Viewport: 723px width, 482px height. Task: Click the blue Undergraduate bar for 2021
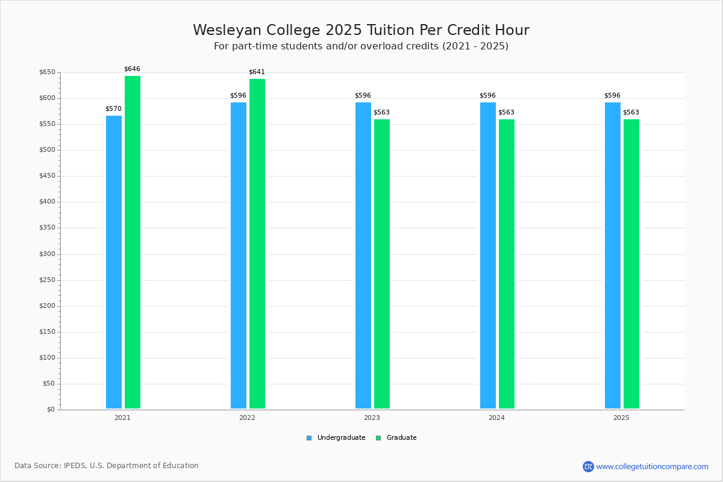click(x=114, y=262)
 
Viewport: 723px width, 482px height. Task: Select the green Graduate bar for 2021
click(x=133, y=242)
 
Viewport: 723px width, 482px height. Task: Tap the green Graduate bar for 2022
click(x=257, y=244)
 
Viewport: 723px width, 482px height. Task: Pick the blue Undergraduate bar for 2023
click(x=363, y=255)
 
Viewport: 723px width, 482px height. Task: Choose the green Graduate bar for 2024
click(x=507, y=264)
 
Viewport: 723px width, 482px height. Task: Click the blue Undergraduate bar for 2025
click(x=613, y=255)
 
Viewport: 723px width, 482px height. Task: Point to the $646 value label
click(x=132, y=69)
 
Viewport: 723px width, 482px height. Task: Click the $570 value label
click(x=113, y=109)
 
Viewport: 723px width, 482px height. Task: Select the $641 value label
click(x=257, y=72)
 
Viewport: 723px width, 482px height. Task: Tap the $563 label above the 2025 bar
click(x=631, y=113)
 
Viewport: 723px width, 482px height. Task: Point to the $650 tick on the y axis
click(x=47, y=72)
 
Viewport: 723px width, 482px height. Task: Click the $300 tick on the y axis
click(x=47, y=254)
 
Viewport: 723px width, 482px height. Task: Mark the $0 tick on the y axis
click(x=51, y=410)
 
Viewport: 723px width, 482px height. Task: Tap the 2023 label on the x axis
click(x=372, y=418)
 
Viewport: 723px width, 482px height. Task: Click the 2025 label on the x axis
click(x=621, y=418)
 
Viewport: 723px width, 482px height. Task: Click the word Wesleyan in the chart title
click(x=224, y=30)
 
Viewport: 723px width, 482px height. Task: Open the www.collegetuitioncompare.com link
click(x=652, y=466)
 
